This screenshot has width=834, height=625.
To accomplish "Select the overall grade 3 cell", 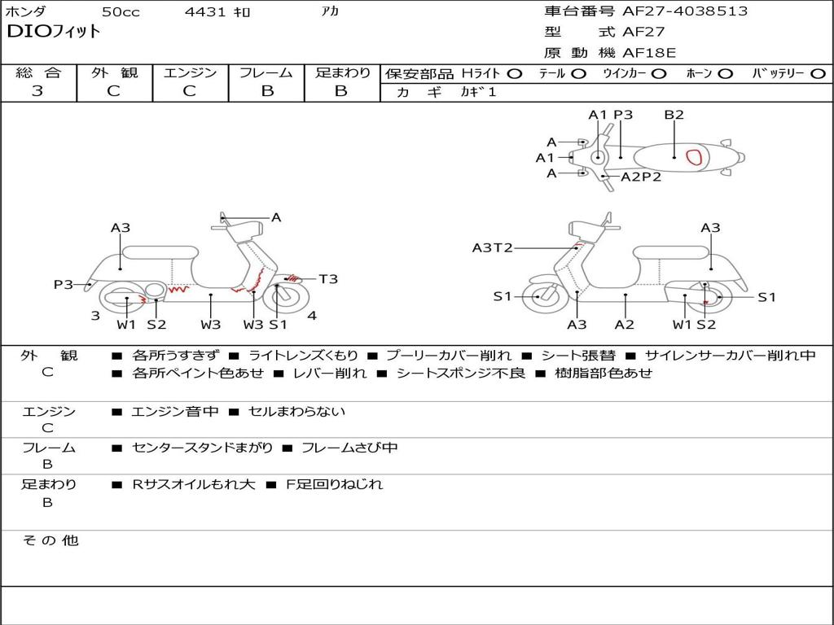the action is tap(37, 91).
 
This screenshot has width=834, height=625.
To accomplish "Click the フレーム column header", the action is tap(266, 72).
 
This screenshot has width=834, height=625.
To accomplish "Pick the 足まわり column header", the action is tap(342, 72).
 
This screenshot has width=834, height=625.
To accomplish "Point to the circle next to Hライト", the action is tap(514, 73).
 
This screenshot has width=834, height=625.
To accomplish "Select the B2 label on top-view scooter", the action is tap(674, 115).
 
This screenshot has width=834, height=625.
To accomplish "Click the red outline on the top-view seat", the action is tap(695, 157).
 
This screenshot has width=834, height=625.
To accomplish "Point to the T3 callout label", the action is tap(328, 279).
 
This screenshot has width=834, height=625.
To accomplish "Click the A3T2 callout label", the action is tap(492, 247).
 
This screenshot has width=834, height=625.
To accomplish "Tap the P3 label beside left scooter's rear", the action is tap(64, 284).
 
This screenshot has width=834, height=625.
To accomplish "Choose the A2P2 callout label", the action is tap(641, 177).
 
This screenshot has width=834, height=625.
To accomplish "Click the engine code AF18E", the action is tap(649, 53).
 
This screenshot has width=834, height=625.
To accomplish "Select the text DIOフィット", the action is tap(54, 32).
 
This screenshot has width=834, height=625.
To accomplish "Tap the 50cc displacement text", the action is tap(120, 12).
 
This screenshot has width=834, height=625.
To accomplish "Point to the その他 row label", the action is tap(50, 540).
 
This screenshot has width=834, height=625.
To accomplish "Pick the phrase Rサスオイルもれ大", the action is tap(194, 484).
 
